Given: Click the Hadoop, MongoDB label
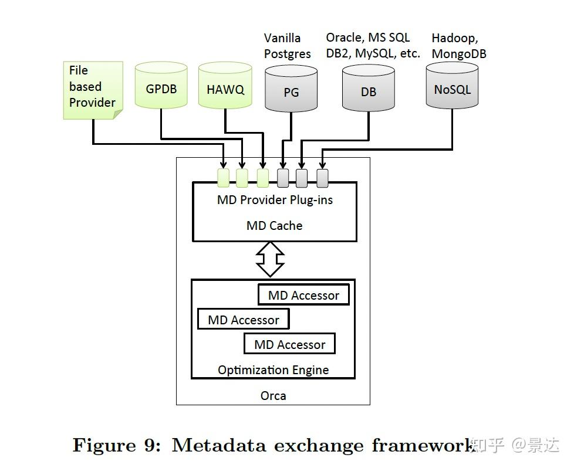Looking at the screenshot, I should tap(458, 46).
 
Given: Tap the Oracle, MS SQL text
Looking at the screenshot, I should tap(368, 38).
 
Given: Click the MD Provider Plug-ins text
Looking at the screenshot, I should tap(275, 200).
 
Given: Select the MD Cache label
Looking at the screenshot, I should tap(275, 225).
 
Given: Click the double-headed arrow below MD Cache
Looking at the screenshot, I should tap(271, 259).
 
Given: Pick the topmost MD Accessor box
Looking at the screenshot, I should tap(303, 295).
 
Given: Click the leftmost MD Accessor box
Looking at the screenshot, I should tap(244, 320).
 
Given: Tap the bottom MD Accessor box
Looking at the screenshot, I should tap(289, 344).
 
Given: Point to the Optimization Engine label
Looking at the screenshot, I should tap(273, 369).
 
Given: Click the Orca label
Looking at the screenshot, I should tap(273, 396).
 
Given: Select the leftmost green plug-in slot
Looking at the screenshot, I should tap(223, 178).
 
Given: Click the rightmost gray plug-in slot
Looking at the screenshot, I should tap(322, 178).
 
